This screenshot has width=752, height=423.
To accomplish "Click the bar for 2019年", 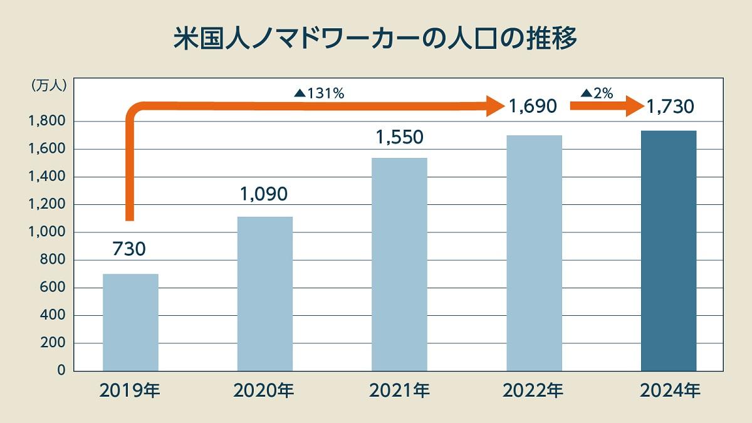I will point(130,322).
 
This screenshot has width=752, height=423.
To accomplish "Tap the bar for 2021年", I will point(399,264).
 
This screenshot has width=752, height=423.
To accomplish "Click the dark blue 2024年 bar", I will point(669,251).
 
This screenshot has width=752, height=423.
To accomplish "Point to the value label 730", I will point(129,249).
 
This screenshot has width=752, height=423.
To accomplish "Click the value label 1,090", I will point(264,194).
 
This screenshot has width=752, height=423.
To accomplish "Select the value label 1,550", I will point(399,136).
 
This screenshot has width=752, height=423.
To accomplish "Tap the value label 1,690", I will point(533,107).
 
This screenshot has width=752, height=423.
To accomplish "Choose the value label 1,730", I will point(669,107).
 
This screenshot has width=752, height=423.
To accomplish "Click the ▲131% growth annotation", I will point(319,93).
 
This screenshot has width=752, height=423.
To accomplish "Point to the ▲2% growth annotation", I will point(597,93).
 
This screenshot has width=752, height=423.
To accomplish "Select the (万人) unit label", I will point(48,87).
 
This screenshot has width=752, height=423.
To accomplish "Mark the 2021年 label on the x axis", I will point(399,392).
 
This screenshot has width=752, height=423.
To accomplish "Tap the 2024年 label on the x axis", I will point(669,392).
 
